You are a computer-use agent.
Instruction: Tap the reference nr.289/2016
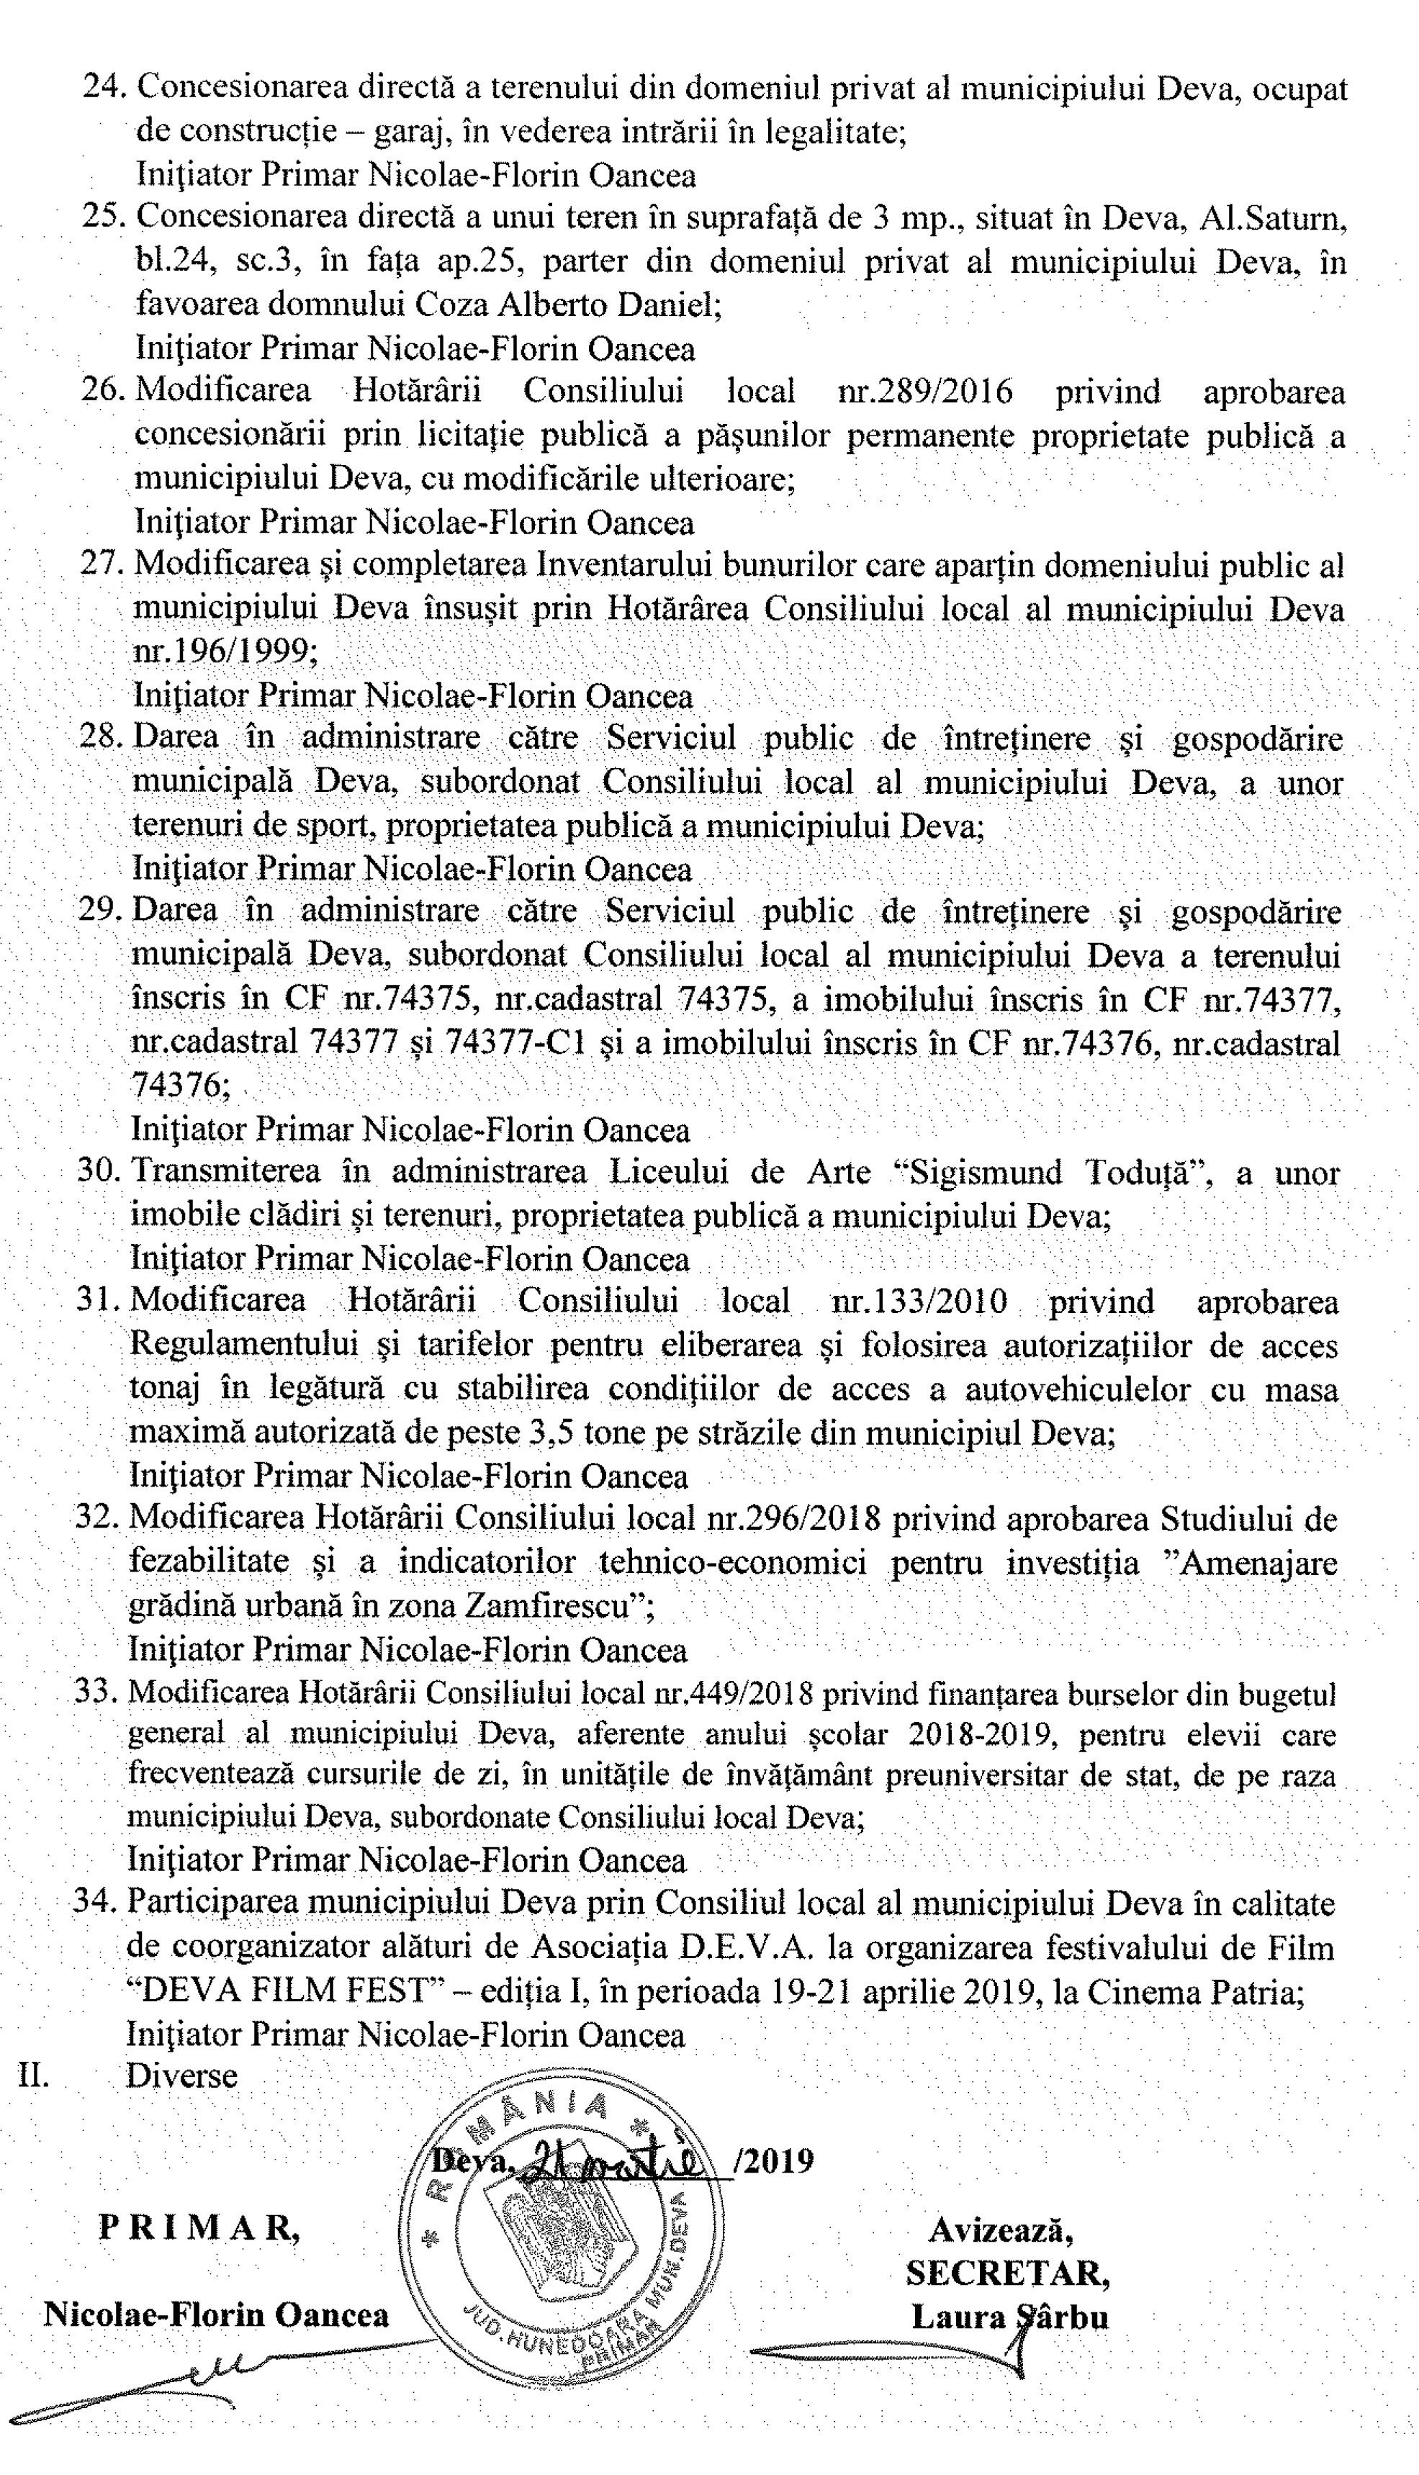pos(924,392)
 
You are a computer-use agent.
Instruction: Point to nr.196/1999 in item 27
pos(223,651)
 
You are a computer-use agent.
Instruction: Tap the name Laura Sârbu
pos(1009,2317)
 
